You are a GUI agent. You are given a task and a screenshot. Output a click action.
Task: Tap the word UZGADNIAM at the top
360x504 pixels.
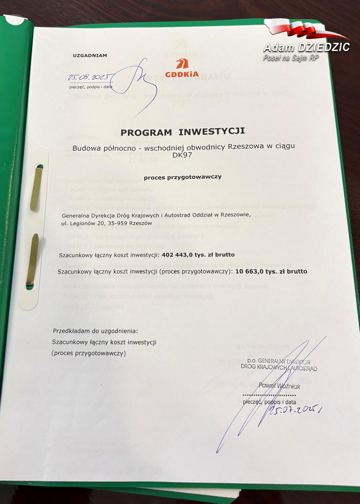coord(90,56)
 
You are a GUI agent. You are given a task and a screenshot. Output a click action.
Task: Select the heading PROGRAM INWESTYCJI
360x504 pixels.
coord(183,132)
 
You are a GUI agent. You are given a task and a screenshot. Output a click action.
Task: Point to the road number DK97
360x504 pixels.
coord(182,156)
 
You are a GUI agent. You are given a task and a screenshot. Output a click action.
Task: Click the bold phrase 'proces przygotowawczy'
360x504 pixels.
coord(183,177)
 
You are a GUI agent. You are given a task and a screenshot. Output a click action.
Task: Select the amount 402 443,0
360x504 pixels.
coord(179,255)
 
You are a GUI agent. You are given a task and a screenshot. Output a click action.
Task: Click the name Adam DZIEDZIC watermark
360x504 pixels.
coord(306,48)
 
